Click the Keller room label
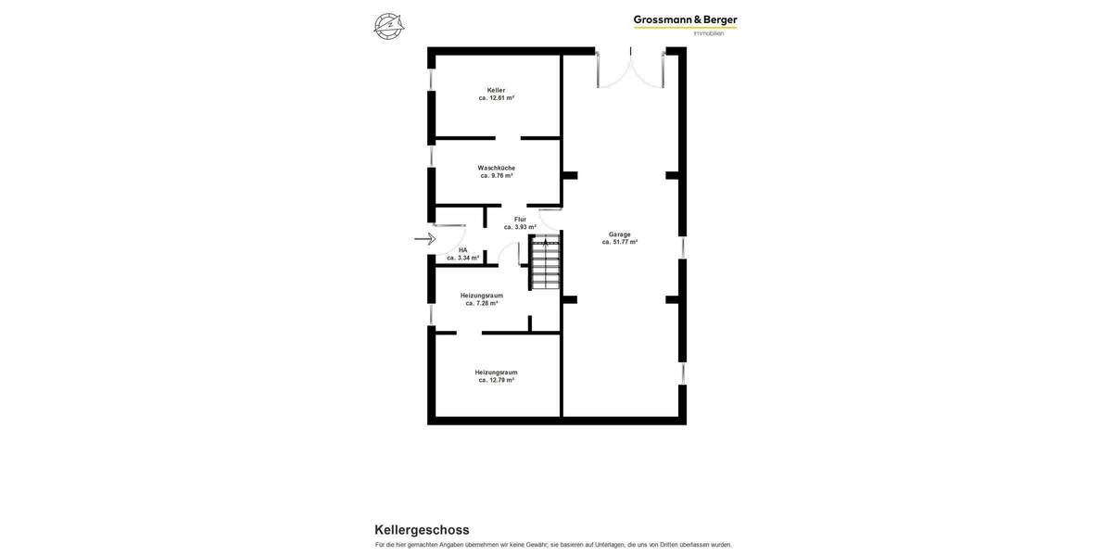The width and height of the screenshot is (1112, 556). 496,90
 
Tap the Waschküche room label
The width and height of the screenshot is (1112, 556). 496,168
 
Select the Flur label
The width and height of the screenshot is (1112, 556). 520,220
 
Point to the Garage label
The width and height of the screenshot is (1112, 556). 619,234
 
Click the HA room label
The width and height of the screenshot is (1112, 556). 462,250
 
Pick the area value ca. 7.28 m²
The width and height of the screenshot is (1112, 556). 482,303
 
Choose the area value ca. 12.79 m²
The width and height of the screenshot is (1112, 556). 496,380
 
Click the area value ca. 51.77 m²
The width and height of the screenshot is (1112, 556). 619,242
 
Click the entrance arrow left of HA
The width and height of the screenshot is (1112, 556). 424,239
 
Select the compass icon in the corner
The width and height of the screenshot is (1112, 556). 388,26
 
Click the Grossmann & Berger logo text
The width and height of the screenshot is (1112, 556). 685,19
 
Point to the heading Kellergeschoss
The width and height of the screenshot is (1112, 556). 422,530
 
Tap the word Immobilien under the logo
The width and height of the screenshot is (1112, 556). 709,33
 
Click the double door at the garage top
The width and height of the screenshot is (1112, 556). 631,69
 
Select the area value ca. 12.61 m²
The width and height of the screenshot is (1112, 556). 496,97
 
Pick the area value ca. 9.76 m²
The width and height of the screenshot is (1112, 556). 496,175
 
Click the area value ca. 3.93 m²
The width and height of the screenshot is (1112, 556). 520,227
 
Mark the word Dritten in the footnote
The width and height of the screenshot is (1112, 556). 670,545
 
